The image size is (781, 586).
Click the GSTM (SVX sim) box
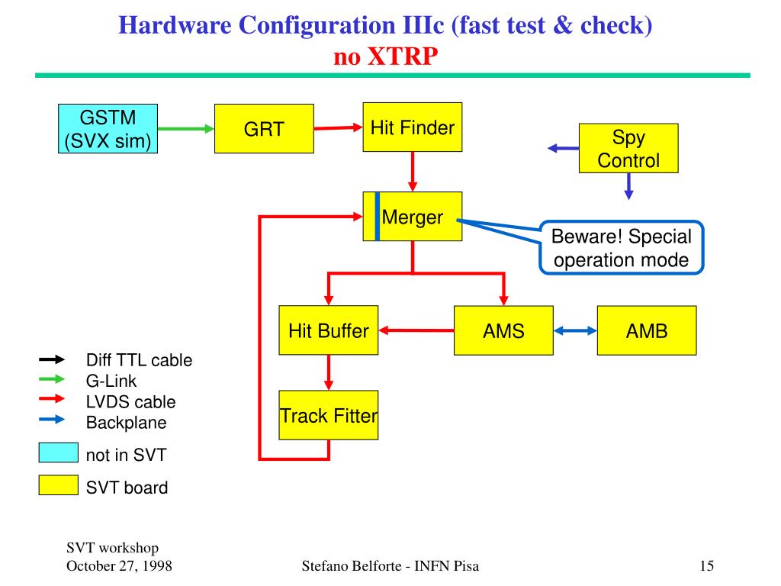coord(108,129)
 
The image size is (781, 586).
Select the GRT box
coord(264,128)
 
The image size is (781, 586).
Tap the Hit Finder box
coord(412,127)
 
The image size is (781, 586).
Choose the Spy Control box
coord(628,149)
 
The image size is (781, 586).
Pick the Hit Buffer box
coord(328,330)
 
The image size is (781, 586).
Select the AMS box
coord(503,330)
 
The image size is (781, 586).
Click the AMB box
coord(647,330)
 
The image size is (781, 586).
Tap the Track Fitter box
coord(328,416)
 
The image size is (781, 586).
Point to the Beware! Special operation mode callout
coord(621,248)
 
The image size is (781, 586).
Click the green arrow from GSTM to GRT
coord(186,129)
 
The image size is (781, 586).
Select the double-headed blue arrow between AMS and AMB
coord(575,330)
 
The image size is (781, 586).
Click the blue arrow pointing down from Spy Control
coord(628,186)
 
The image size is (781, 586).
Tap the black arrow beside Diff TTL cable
coord(53,359)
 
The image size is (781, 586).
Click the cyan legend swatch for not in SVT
coord(59,452)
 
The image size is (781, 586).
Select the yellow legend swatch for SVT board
coord(59,485)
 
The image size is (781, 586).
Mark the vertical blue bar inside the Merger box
coord(378,217)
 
